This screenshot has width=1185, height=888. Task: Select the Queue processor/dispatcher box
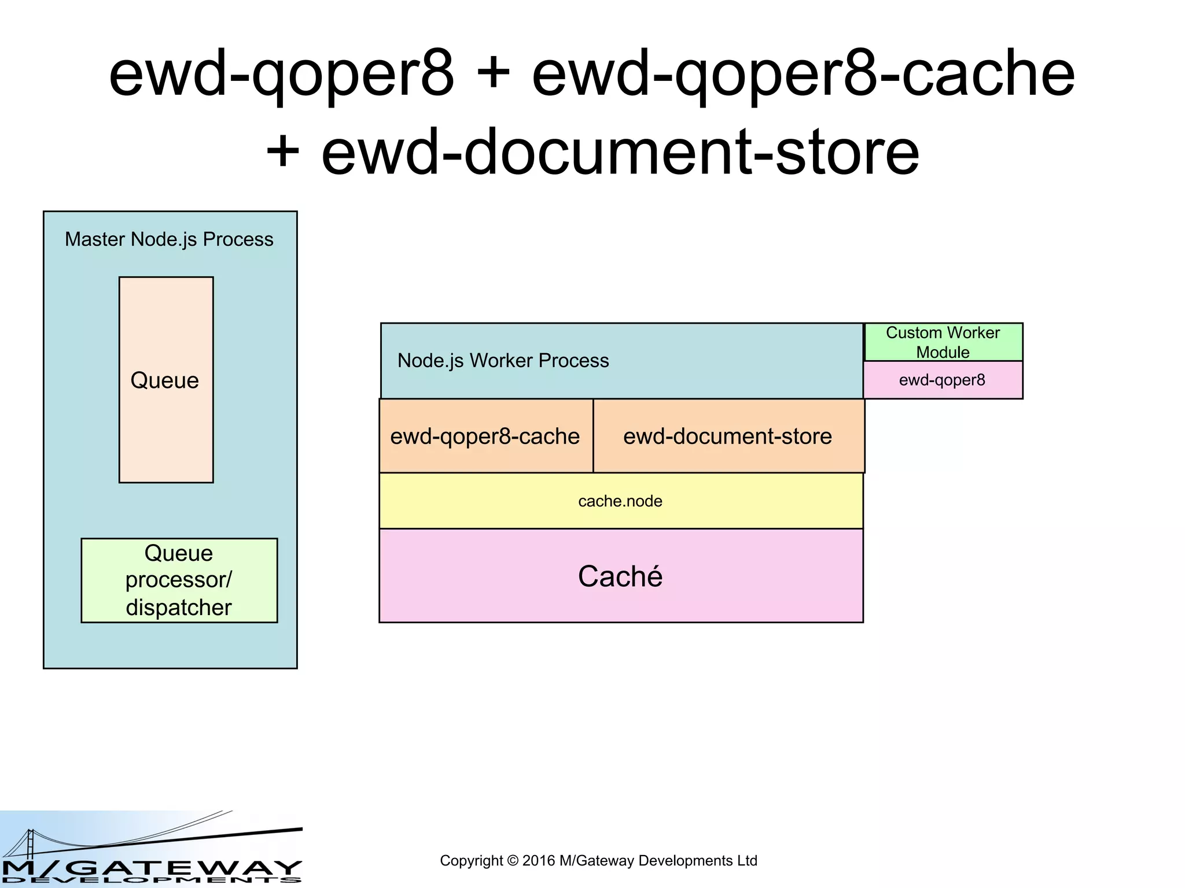179,580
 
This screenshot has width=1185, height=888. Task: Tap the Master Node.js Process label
169,239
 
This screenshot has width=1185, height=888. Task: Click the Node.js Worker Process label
503,361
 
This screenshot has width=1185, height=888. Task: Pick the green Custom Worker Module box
943,342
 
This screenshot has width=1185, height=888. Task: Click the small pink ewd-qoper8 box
942,380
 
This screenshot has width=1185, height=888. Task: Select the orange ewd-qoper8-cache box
485,436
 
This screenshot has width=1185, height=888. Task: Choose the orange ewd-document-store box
727,436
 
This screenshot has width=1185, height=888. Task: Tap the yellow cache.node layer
620,501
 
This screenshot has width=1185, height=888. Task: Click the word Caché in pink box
620,576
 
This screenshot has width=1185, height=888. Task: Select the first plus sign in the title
492,74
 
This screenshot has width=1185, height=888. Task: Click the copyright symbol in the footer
512,861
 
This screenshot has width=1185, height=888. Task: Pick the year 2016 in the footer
539,861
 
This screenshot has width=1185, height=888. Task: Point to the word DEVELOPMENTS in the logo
150,880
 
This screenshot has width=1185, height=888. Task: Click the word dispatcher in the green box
178,608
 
